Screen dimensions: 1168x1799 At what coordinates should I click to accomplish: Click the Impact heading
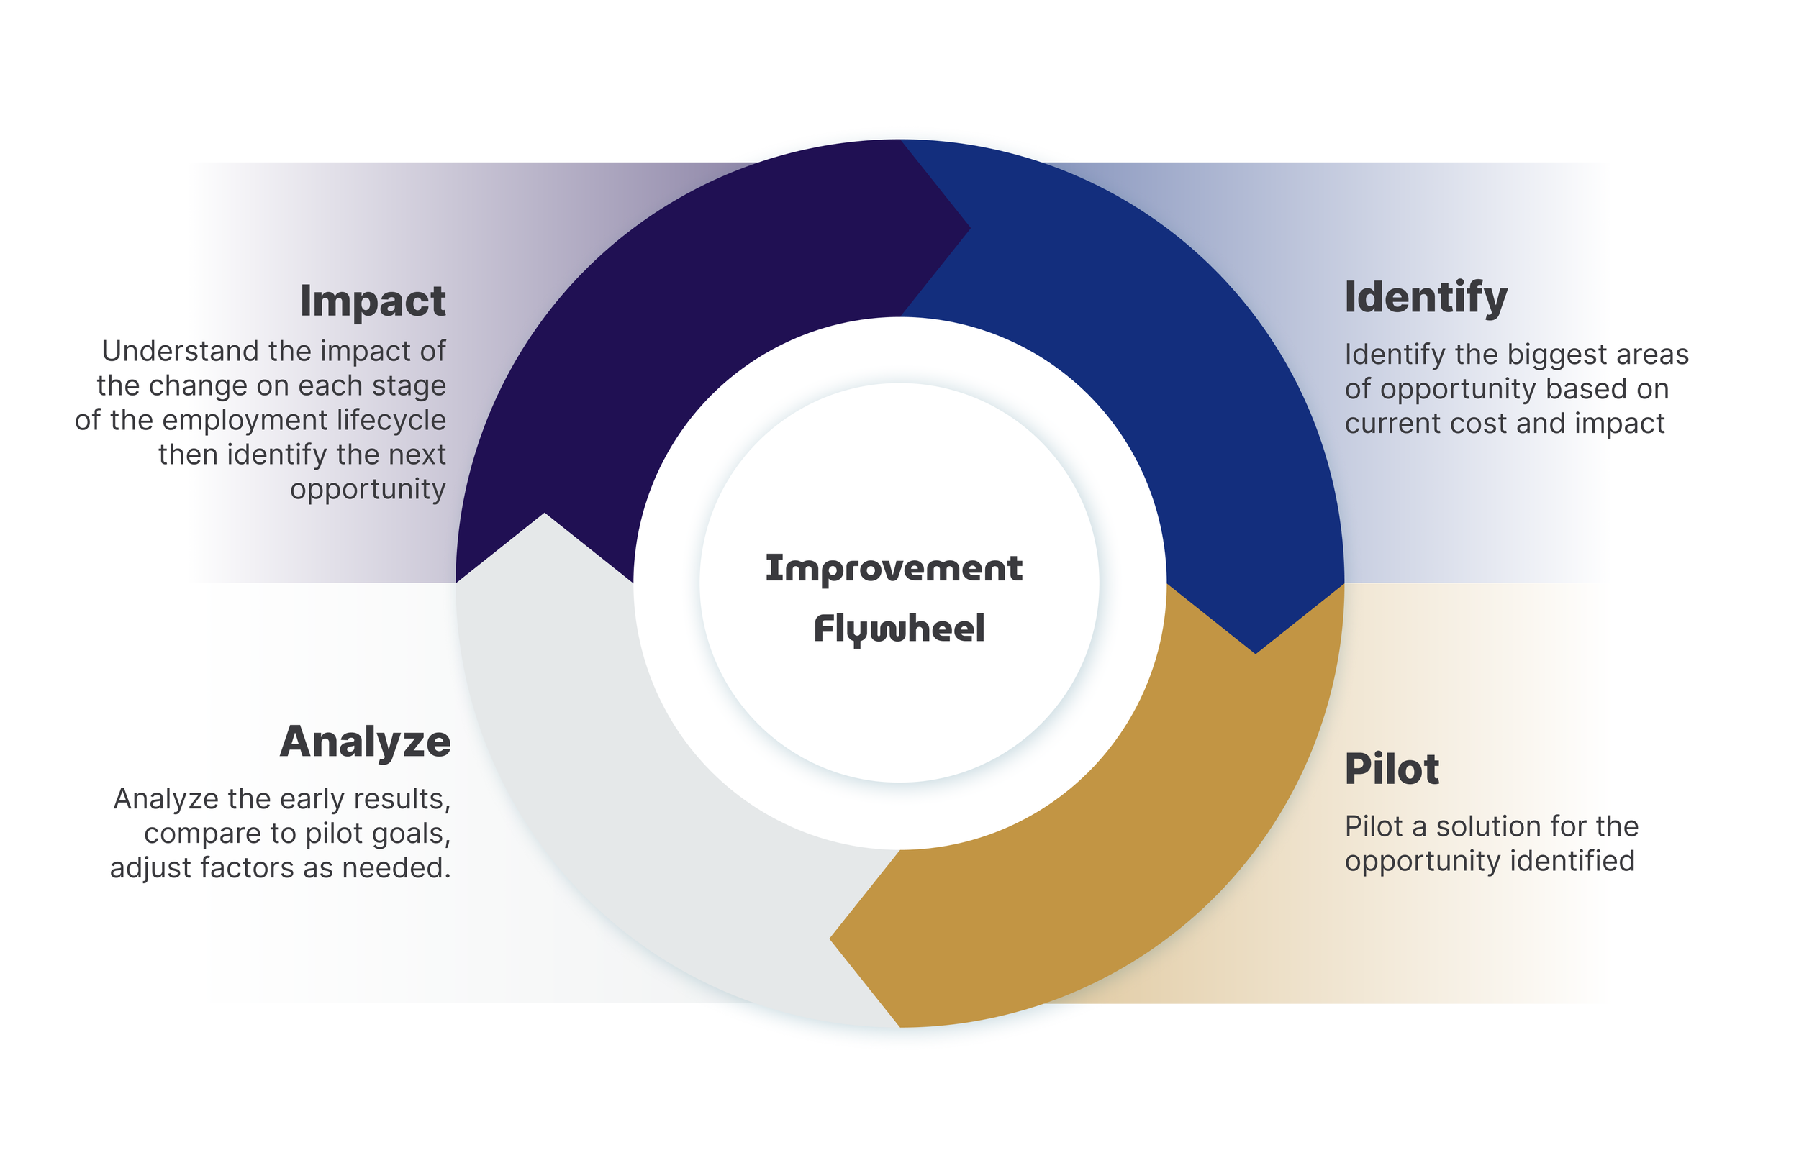pos(373,301)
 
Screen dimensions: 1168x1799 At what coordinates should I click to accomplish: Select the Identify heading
pos(1426,298)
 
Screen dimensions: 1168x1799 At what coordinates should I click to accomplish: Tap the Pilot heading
pos(1392,769)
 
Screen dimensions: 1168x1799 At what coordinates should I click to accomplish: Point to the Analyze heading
pos(365,742)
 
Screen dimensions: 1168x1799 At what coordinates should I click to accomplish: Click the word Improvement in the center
pos(894,569)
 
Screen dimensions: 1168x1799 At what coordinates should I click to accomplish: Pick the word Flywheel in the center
pos(899,629)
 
